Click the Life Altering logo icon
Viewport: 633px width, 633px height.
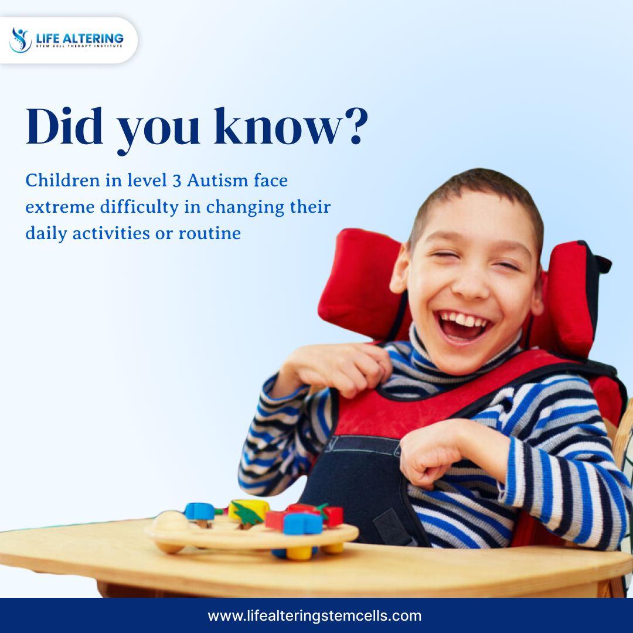click(20, 40)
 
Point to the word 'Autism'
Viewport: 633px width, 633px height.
click(217, 180)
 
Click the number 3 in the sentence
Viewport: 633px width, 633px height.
click(177, 181)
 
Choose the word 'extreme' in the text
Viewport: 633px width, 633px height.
click(60, 207)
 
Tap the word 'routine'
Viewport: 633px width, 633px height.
click(209, 233)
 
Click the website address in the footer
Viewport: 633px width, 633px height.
click(315, 615)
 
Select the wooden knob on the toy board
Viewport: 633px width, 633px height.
click(171, 521)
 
